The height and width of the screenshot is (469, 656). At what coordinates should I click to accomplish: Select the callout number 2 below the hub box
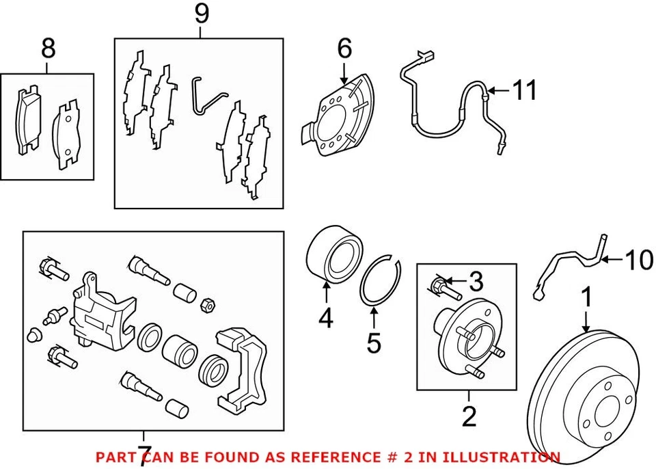pos(469,415)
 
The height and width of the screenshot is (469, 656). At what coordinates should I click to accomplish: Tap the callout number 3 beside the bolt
pos(476,281)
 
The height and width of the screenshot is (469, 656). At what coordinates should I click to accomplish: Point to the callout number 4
pos(327,318)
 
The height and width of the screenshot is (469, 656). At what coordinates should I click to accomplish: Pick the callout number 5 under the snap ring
pos(373,342)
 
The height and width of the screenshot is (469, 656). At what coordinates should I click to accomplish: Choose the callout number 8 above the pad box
pos(48,49)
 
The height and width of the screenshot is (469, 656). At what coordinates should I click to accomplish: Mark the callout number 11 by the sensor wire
pos(525,90)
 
